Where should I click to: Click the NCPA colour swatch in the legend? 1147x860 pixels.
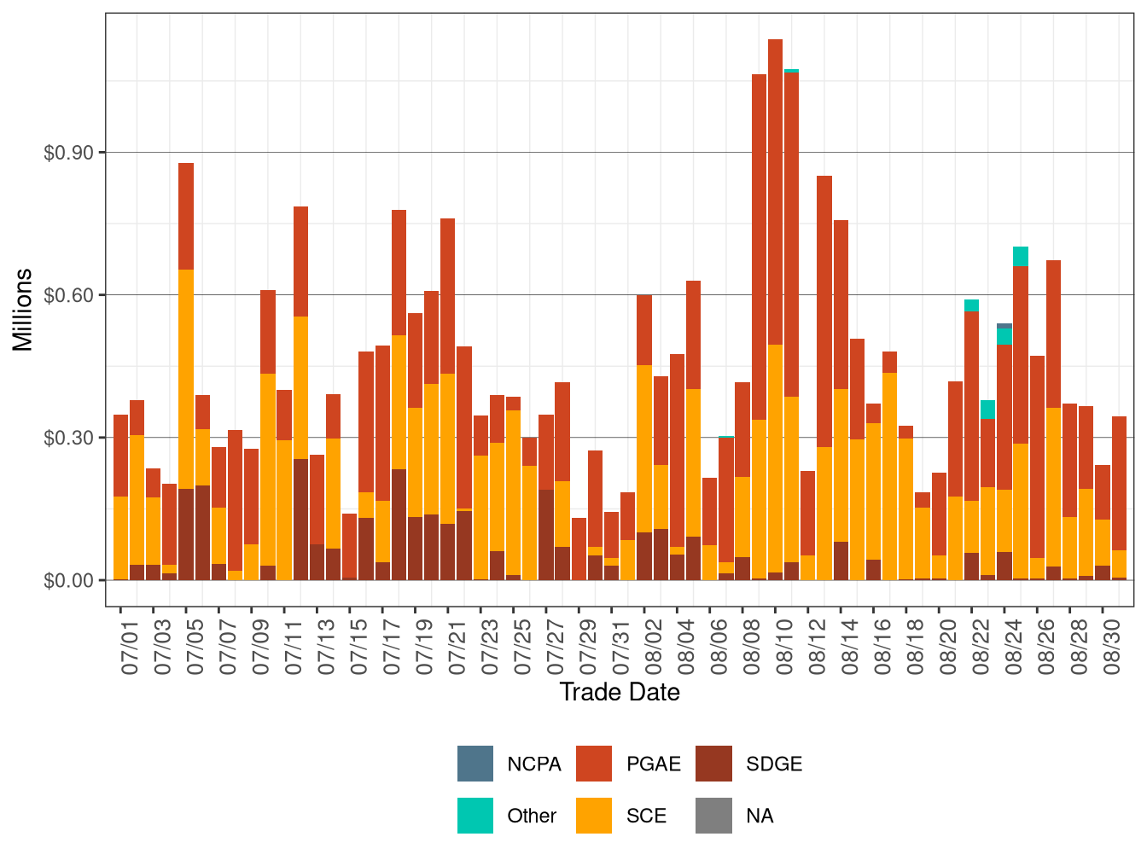(475, 764)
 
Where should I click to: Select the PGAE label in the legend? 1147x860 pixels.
(653, 764)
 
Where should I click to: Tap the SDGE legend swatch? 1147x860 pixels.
(713, 764)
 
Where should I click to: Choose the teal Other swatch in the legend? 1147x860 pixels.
(475, 816)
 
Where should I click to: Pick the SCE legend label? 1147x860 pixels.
(646, 816)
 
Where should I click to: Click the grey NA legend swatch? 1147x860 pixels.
(713, 816)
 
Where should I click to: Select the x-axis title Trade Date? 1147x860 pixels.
(619, 693)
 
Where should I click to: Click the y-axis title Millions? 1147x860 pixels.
(23, 310)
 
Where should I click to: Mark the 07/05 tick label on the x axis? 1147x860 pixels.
(195, 647)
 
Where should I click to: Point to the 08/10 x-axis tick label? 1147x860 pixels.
(784, 647)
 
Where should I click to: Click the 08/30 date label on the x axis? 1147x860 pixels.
(1111, 647)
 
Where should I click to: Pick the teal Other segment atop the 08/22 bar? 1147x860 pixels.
(971, 305)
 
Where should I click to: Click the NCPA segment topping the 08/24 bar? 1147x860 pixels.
(1004, 326)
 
